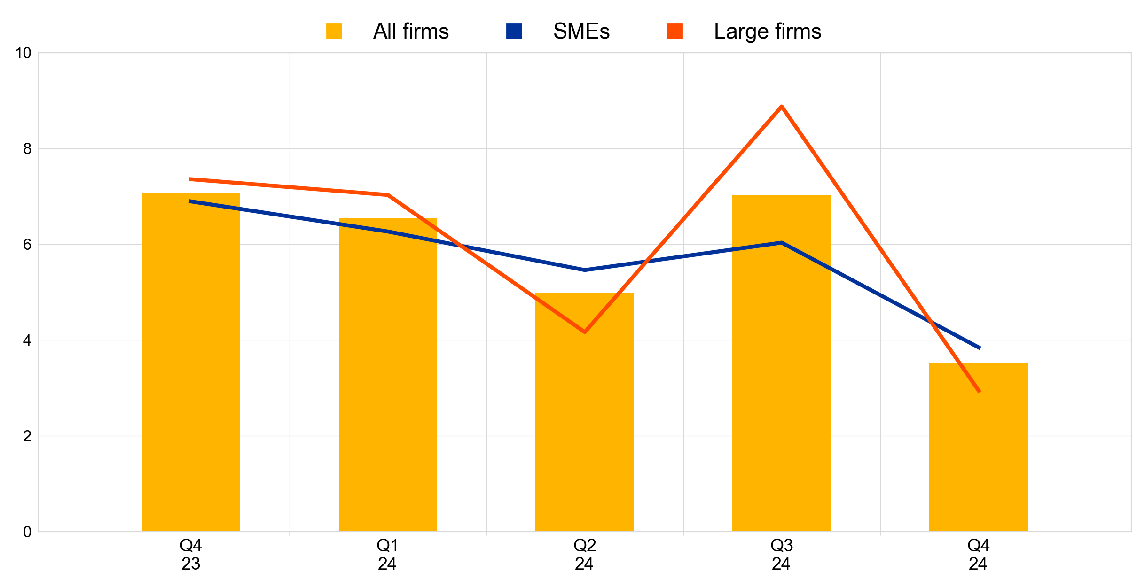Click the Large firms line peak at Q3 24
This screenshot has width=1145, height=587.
point(781,107)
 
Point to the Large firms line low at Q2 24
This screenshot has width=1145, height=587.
point(585,332)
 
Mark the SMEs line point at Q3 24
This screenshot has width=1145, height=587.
point(781,243)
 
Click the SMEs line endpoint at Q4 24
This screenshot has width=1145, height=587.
point(979,348)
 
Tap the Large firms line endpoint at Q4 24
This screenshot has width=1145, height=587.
point(979,391)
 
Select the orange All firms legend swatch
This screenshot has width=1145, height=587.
point(334,31)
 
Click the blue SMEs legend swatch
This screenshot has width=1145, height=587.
point(514,31)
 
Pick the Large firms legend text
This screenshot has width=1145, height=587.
point(767,31)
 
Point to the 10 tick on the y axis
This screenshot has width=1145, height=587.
point(24,53)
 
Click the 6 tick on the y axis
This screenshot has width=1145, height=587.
point(27,245)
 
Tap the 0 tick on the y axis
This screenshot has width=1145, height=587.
point(27,532)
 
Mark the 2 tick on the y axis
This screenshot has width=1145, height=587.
point(27,436)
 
